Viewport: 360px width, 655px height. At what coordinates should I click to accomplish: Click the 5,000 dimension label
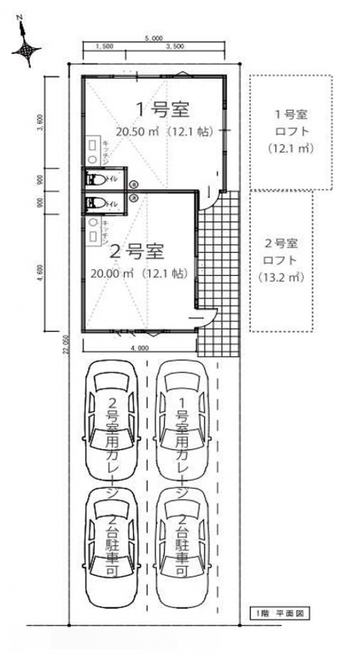[154, 38]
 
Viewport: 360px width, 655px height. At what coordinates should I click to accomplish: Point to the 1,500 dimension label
[104, 47]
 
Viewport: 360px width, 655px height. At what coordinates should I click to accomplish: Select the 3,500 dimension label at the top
[175, 47]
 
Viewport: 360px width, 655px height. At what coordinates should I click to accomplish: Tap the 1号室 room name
[157, 107]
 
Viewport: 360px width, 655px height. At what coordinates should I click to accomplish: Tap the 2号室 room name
[138, 250]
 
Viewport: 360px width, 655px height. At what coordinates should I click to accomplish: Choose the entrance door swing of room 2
[208, 316]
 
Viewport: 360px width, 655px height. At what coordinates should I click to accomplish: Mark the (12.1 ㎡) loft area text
[291, 149]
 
